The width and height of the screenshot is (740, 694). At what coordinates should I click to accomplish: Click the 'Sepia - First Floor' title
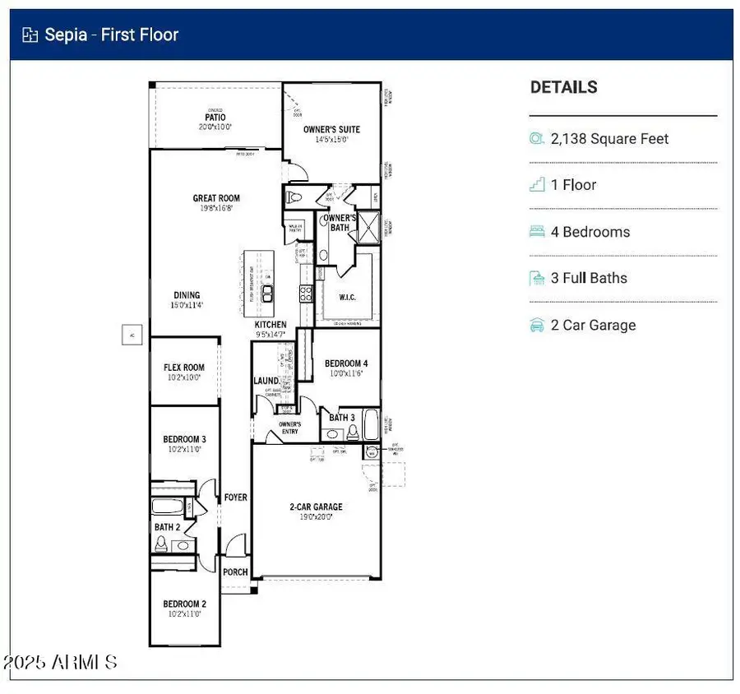point(111,35)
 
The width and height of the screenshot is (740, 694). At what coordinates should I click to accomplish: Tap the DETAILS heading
point(563,87)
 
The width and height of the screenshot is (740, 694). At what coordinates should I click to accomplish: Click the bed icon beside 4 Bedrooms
point(537,232)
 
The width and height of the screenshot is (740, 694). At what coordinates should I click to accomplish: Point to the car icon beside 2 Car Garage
point(537,326)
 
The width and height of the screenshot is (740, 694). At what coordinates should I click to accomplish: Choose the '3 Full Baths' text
point(589,278)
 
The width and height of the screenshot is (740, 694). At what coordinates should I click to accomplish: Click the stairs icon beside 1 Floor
point(537,185)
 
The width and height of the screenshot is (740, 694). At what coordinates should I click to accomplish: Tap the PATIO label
point(215,118)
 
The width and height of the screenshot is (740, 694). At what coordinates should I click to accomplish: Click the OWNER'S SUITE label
point(331,130)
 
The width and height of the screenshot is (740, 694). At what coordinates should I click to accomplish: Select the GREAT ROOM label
point(216,198)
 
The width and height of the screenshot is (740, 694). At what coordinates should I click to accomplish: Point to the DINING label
point(187,295)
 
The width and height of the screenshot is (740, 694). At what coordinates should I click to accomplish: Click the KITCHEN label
point(271,326)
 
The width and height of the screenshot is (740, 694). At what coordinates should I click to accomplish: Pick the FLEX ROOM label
point(183,368)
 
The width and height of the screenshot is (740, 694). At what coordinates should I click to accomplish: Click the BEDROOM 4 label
point(346,363)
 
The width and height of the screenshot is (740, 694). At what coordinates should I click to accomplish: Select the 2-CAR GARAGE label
point(316,507)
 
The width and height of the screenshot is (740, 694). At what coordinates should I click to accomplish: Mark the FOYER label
point(236,497)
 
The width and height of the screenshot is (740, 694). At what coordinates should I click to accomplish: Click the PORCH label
point(236,572)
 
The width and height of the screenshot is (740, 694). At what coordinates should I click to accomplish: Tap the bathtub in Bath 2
point(169,507)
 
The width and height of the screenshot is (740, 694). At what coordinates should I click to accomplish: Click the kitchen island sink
point(268,294)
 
